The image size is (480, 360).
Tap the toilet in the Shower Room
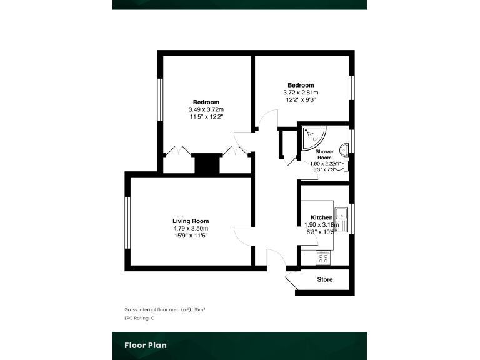[x=342, y=166]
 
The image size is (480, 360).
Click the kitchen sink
[x=341, y=219]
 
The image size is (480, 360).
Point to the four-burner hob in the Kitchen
[x=324, y=257]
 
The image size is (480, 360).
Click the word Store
[x=325, y=279]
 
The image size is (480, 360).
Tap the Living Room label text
[x=191, y=221]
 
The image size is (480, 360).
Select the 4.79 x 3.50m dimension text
[x=191, y=228]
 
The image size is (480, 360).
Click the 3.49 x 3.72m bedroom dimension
[x=206, y=109]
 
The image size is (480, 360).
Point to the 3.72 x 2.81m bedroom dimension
[x=301, y=92]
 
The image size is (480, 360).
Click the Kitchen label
[x=321, y=217]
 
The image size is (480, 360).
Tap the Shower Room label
[x=324, y=154]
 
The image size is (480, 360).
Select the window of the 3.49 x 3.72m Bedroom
[x=159, y=103]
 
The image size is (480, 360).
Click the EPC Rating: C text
[x=139, y=318]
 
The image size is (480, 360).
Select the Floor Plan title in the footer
[x=145, y=344]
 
